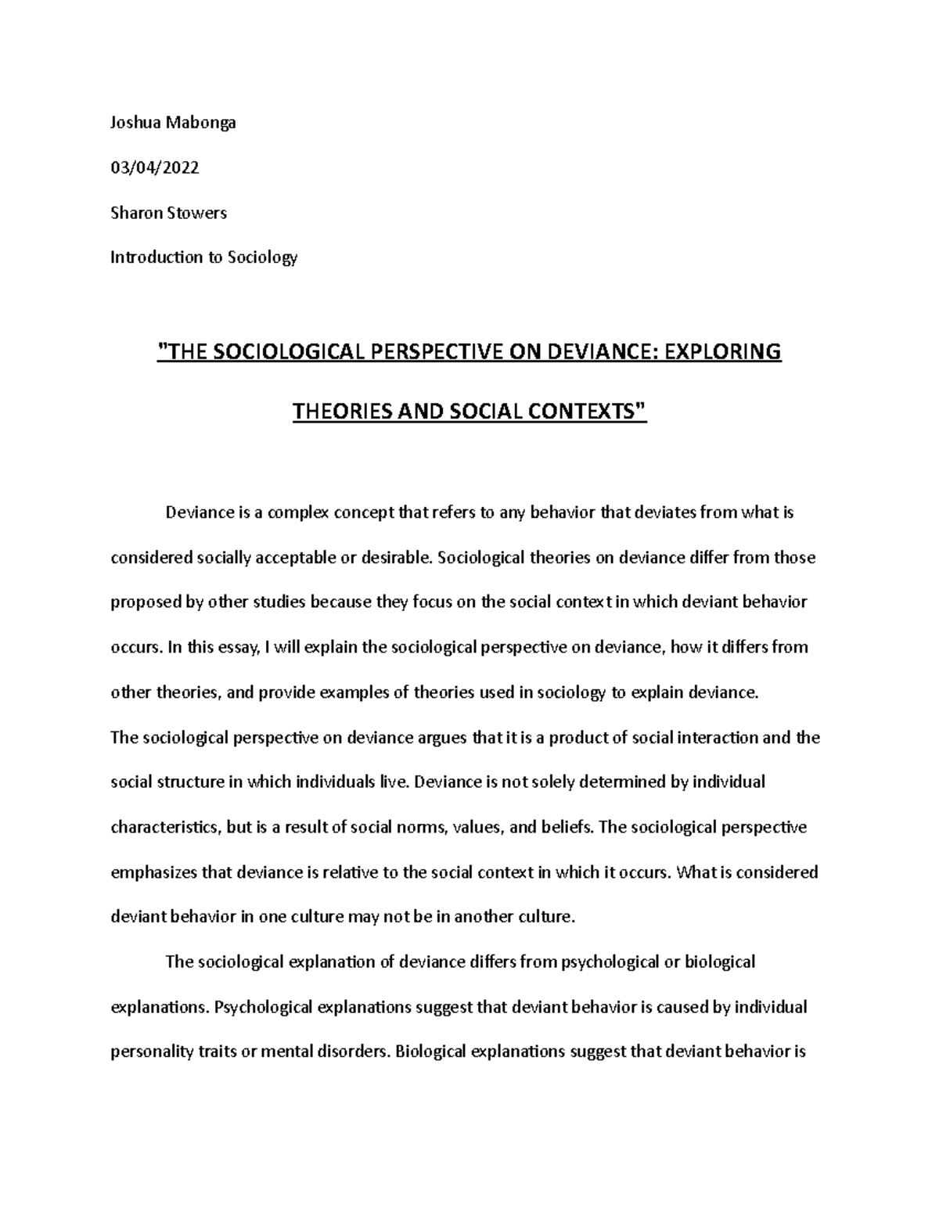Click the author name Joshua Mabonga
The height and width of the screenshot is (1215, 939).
click(173, 123)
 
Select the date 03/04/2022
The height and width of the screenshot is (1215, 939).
click(154, 167)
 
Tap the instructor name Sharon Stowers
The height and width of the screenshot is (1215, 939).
click(168, 213)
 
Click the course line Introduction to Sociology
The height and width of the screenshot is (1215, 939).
click(203, 257)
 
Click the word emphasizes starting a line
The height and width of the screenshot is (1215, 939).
click(154, 872)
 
